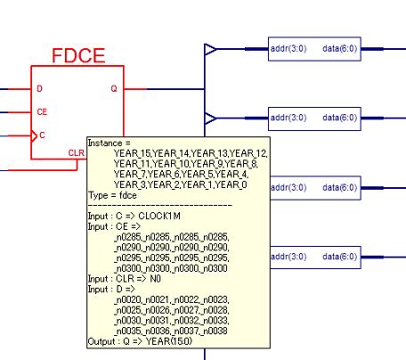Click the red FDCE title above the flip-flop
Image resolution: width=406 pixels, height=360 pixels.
tap(78, 55)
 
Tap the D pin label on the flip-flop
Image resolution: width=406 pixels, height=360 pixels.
tap(39, 88)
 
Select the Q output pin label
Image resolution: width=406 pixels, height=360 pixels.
tap(114, 88)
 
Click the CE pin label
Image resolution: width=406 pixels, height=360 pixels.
tap(42, 111)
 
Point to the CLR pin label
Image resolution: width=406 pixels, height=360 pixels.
tap(77, 152)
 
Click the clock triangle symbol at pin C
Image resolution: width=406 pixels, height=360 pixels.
tap(34, 136)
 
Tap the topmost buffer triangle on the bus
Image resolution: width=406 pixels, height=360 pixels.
tap(210, 49)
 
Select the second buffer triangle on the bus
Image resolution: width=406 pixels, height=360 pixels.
tap(210, 119)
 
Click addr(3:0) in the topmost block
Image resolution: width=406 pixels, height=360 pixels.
tap(288, 48)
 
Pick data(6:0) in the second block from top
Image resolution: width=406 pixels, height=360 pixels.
tap(340, 118)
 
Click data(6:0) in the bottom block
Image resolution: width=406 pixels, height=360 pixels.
tap(340, 257)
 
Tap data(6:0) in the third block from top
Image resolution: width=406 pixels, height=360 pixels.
tap(340, 188)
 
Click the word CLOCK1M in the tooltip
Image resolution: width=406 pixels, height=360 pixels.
tap(159, 216)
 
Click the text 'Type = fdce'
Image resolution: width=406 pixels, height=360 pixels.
tap(112, 195)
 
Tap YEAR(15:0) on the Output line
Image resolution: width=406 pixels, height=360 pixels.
tap(169, 341)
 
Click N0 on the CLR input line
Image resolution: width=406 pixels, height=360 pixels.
tap(155, 279)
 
